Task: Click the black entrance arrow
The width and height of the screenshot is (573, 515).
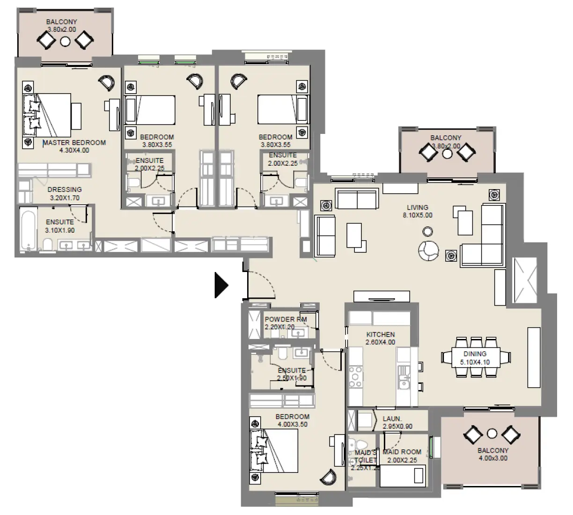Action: pos(220,285)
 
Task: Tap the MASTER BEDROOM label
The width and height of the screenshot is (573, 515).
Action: pos(74,143)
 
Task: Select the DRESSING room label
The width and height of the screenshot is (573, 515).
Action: pos(65,190)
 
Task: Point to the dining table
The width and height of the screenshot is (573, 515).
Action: pos(475,357)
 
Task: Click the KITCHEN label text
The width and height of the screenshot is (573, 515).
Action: pos(380,335)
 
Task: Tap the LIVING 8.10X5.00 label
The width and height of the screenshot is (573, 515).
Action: pos(417,211)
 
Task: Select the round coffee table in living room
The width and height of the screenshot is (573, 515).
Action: pos(427,231)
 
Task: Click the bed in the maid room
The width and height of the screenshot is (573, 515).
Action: pos(403,476)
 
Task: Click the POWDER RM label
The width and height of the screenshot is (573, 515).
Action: pos(286,319)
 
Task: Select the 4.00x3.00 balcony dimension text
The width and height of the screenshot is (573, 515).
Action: pos(493,458)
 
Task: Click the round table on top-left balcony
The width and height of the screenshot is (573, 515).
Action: pos(66,42)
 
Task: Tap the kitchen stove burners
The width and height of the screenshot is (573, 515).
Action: pos(356,376)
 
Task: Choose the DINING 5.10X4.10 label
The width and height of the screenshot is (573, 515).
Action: pos(475,358)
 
